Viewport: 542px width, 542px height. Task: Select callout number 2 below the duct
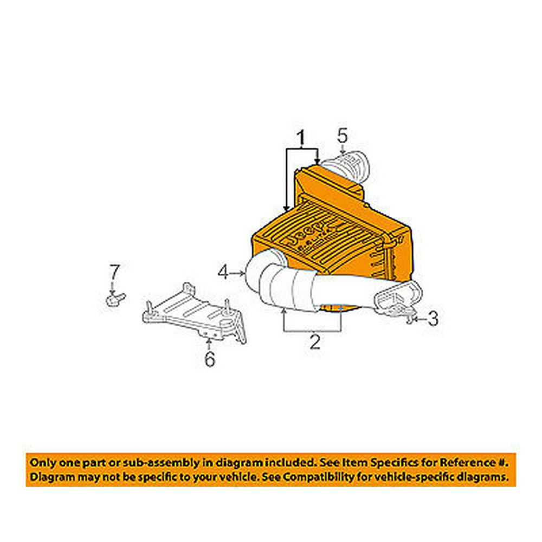tap(315, 341)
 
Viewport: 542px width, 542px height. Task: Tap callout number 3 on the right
tap(433, 318)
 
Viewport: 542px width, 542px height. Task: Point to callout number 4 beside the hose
tap(223, 273)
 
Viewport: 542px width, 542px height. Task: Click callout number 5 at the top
tap(342, 135)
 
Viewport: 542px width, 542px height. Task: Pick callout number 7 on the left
tap(114, 273)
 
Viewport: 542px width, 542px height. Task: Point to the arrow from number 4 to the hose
tap(237, 273)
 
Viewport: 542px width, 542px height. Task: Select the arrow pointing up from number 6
tap(209, 344)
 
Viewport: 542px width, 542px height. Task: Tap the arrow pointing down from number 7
tap(112, 288)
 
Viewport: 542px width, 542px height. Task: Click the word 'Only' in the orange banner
tap(43, 462)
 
